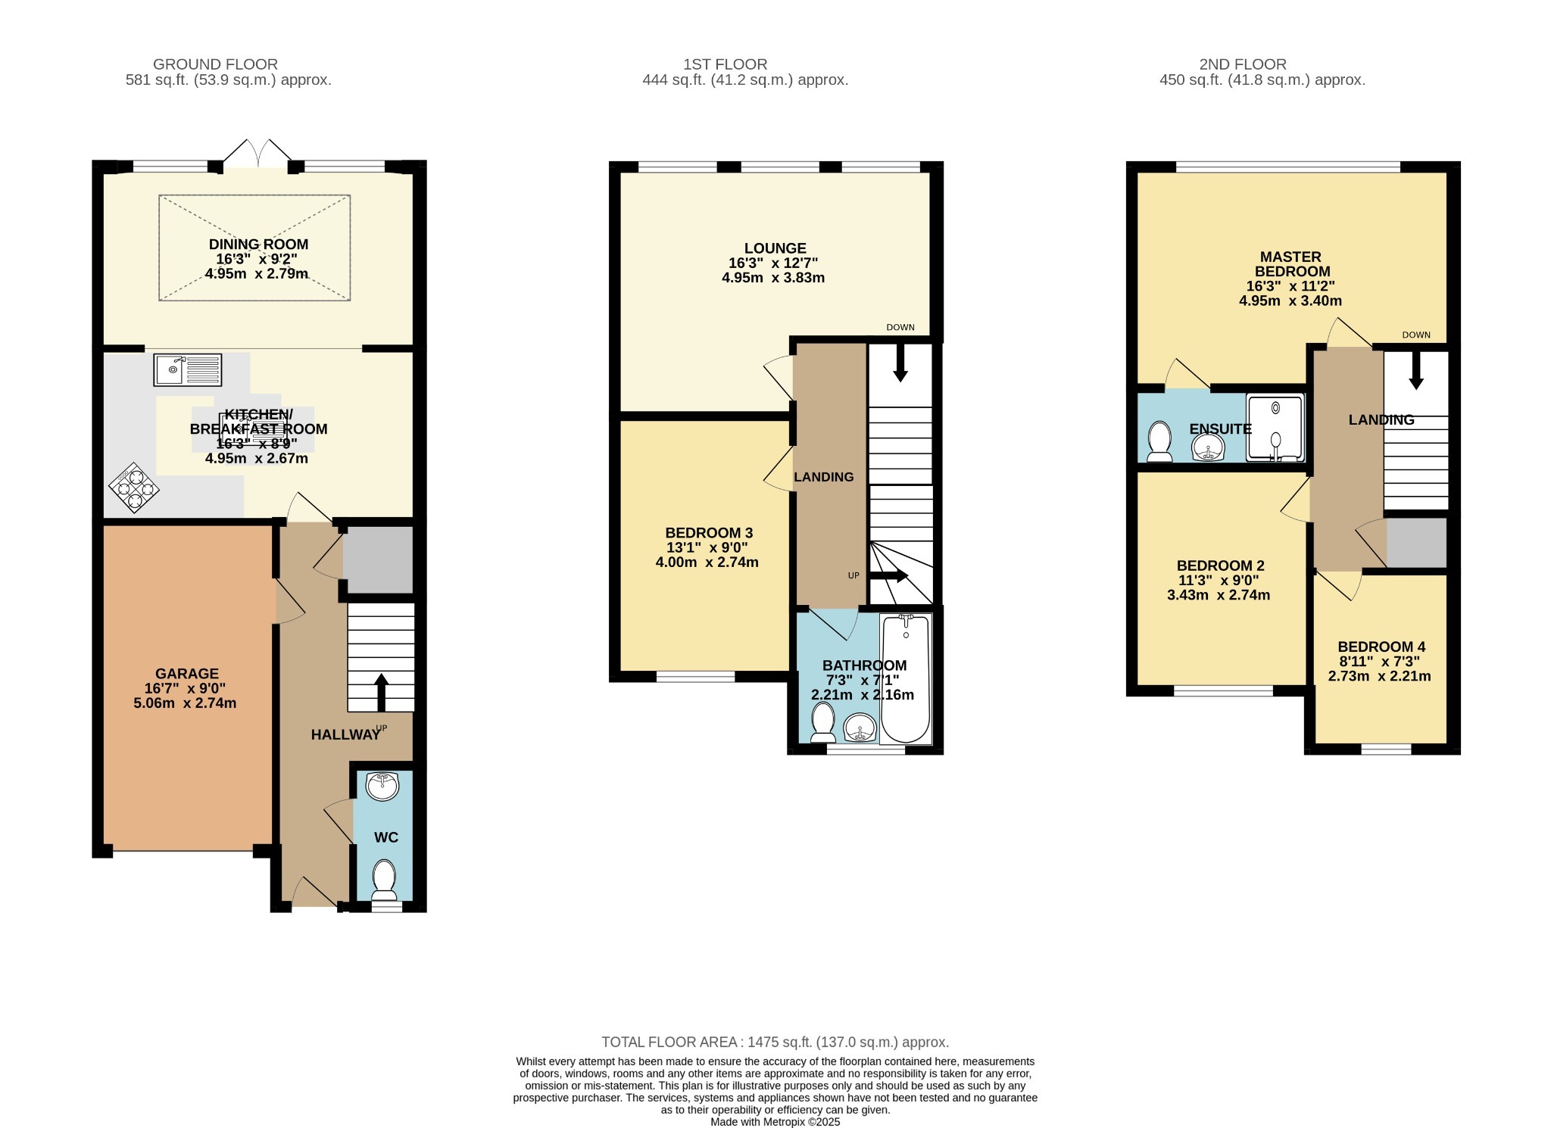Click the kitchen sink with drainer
(188, 369)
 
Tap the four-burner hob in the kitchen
(134, 488)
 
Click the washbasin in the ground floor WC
(382, 786)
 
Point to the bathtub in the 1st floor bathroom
(906, 679)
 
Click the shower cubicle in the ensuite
(1275, 428)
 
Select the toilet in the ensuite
(1159, 441)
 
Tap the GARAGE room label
(186, 673)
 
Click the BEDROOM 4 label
(1381, 647)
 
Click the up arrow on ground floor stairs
(381, 690)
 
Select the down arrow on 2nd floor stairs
(1415, 372)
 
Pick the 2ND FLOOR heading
(1242, 64)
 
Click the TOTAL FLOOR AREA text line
(775, 1042)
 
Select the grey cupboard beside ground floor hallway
(378, 559)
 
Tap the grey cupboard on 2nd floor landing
(1415, 543)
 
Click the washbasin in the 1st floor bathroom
(859, 728)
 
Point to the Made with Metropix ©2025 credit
(775, 1122)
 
